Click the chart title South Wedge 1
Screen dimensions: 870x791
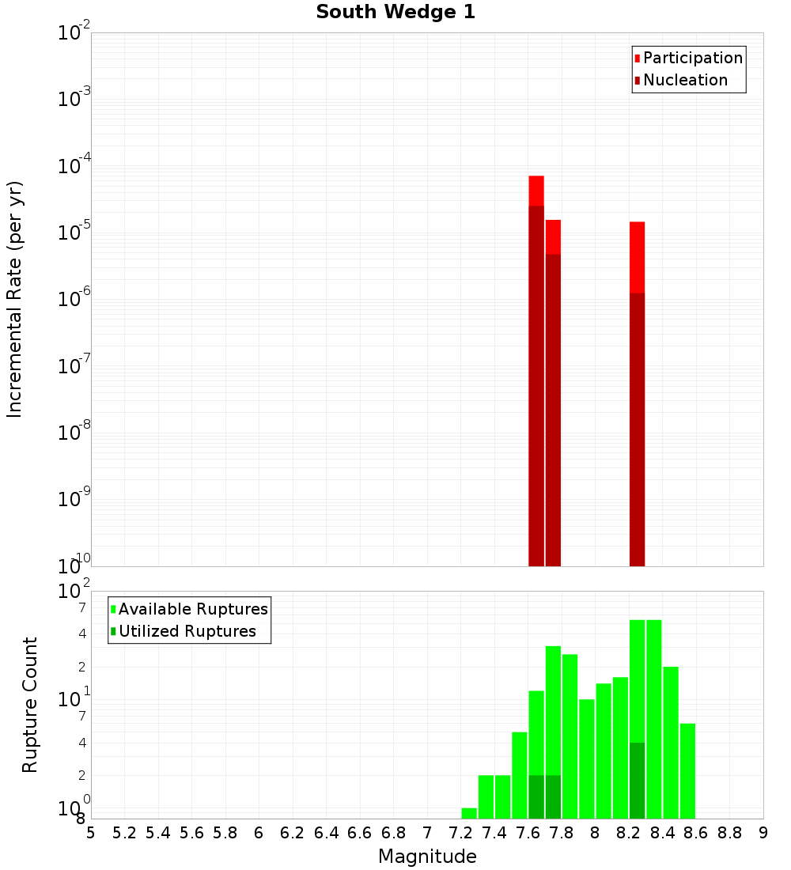[395, 13]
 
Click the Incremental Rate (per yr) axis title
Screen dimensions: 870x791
[15, 299]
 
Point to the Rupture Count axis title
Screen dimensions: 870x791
[30, 705]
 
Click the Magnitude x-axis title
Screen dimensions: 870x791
[427, 857]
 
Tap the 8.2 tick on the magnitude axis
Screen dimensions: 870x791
[629, 833]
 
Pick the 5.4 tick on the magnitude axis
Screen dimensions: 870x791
[158, 833]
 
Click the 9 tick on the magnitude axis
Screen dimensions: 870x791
[763, 833]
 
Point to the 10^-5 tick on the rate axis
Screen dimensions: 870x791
[74, 233]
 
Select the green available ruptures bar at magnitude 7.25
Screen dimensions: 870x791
[469, 813]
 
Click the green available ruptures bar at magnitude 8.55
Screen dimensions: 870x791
[687, 771]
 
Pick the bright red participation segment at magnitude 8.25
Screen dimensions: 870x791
[638, 257]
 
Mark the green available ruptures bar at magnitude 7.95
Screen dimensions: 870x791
[587, 759]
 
